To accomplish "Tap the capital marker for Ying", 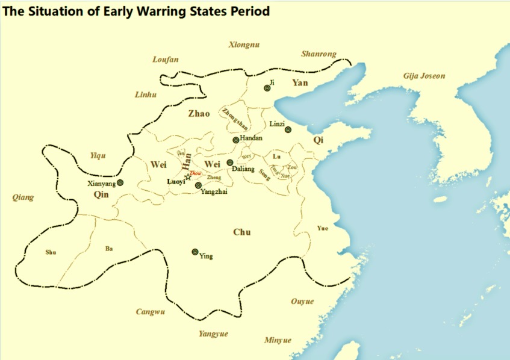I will (194, 252).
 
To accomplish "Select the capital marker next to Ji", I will (267, 88).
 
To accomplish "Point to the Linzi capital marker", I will (288, 129).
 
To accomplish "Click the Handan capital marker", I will (236, 140).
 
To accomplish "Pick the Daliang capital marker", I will (230, 163).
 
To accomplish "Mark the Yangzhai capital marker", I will (198, 185).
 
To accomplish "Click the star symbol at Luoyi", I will (187, 177).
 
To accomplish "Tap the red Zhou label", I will (194, 173).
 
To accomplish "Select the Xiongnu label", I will (243, 44).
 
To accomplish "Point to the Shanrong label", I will (318, 54).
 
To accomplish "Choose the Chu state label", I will (241, 232).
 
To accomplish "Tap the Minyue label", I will (278, 340).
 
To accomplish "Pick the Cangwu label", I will (150, 311).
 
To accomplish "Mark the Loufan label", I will (166, 60).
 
